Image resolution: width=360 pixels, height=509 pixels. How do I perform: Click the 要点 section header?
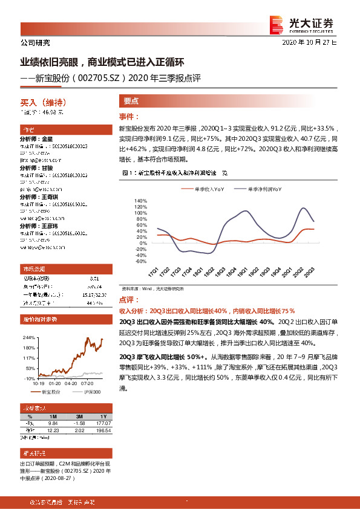coord(131,102)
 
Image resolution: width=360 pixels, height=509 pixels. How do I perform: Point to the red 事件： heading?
coord(129,116)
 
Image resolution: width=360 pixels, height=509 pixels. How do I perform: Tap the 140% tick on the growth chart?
coord(140,201)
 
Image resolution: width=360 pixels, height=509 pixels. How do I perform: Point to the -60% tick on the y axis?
coord(140,262)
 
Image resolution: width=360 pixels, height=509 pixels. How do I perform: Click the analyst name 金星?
coord(48,138)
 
